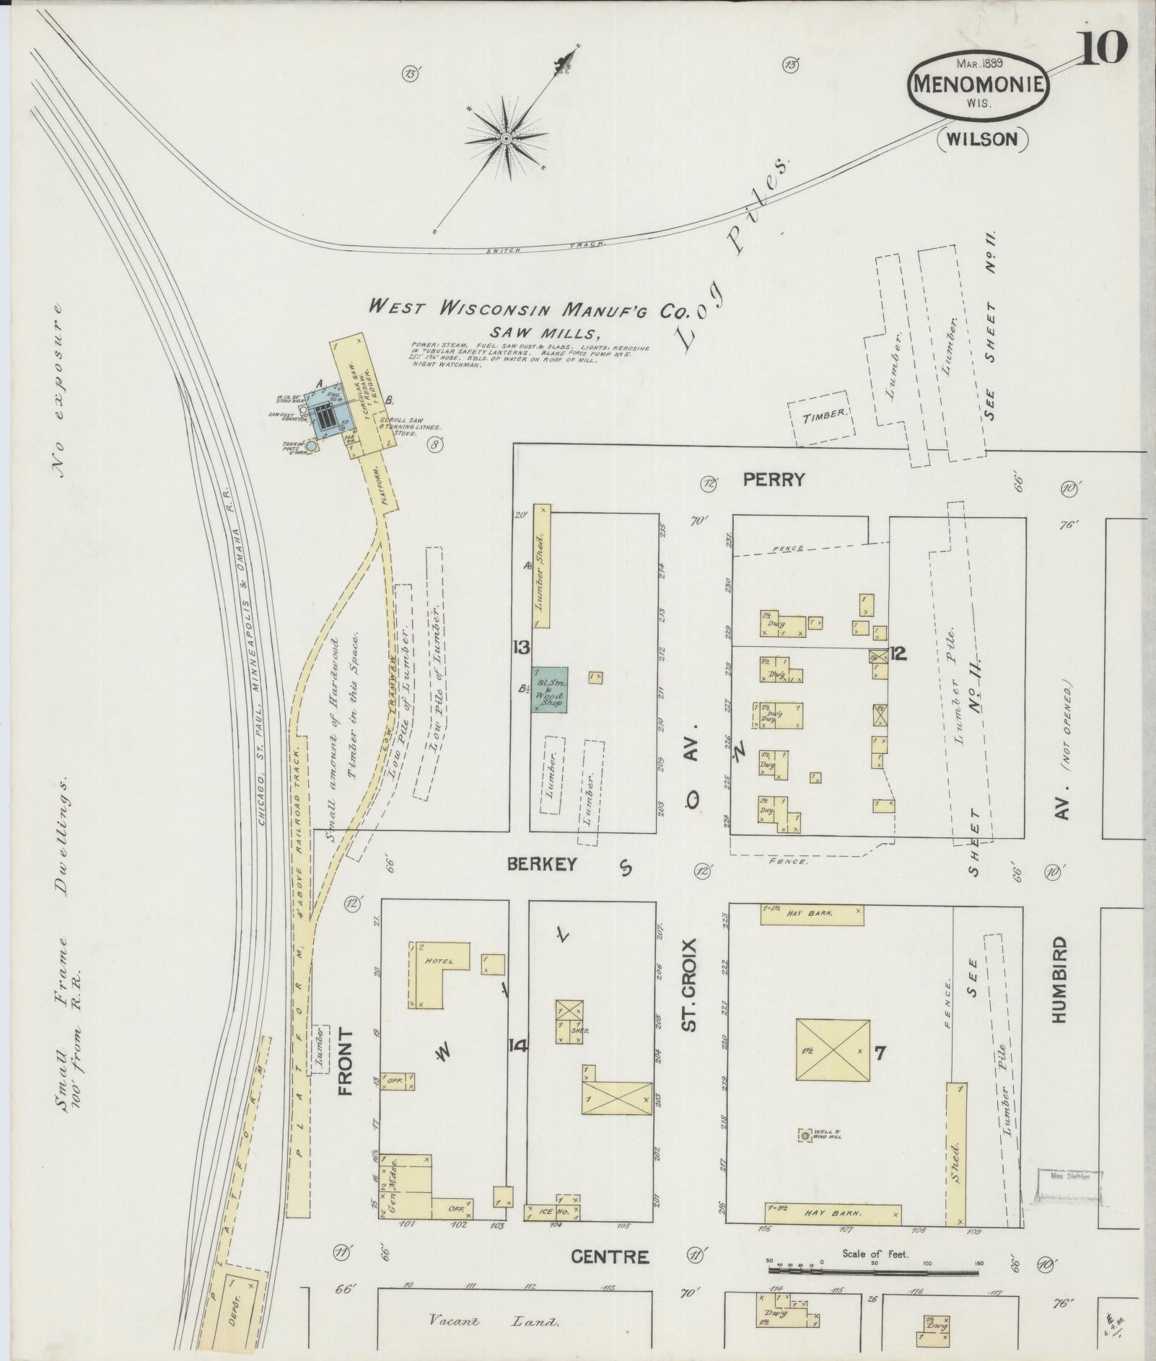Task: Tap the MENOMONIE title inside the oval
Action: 978,84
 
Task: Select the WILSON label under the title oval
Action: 982,139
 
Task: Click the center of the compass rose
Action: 507,138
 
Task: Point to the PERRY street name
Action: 774,480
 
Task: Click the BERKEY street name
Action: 542,863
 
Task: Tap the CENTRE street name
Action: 610,1256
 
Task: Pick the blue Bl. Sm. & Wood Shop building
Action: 550,690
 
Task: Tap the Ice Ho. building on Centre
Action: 553,1212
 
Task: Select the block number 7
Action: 880,1053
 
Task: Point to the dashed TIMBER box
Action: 823,415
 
